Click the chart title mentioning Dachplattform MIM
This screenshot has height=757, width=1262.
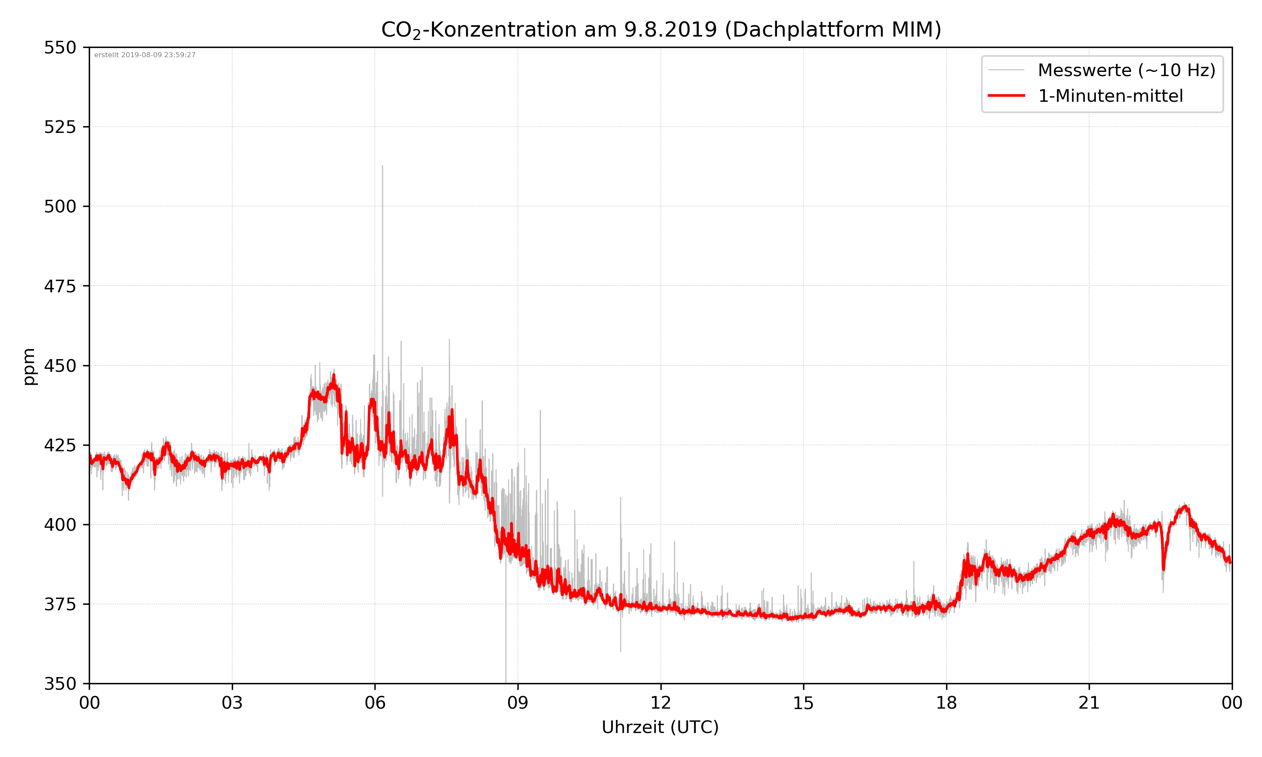(x=661, y=29)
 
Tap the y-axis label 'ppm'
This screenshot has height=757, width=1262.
(x=29, y=366)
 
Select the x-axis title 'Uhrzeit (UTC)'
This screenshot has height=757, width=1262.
(x=660, y=727)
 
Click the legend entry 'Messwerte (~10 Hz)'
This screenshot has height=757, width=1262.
(x=1126, y=70)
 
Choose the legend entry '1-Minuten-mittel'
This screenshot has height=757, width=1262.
(x=1110, y=96)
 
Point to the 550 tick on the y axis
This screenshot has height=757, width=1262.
(x=60, y=48)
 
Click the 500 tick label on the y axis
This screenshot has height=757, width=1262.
(x=60, y=206)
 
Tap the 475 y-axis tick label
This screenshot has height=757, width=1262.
(x=60, y=286)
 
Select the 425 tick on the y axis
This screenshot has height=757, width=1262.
(x=60, y=445)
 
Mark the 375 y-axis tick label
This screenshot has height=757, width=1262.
(x=60, y=604)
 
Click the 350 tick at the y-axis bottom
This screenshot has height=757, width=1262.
(x=60, y=684)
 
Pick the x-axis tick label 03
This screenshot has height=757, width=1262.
(x=232, y=703)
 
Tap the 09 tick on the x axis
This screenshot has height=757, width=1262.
(x=518, y=703)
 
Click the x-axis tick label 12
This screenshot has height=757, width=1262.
(x=660, y=703)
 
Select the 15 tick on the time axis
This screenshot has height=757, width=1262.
(x=803, y=703)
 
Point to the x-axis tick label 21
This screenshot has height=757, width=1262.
(x=1089, y=703)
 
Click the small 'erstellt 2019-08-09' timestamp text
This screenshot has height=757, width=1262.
(x=145, y=55)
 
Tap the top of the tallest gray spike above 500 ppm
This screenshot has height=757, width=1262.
(x=382, y=166)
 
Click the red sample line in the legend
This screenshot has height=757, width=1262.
(x=1006, y=95)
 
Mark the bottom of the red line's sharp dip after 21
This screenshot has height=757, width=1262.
(x=1164, y=569)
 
